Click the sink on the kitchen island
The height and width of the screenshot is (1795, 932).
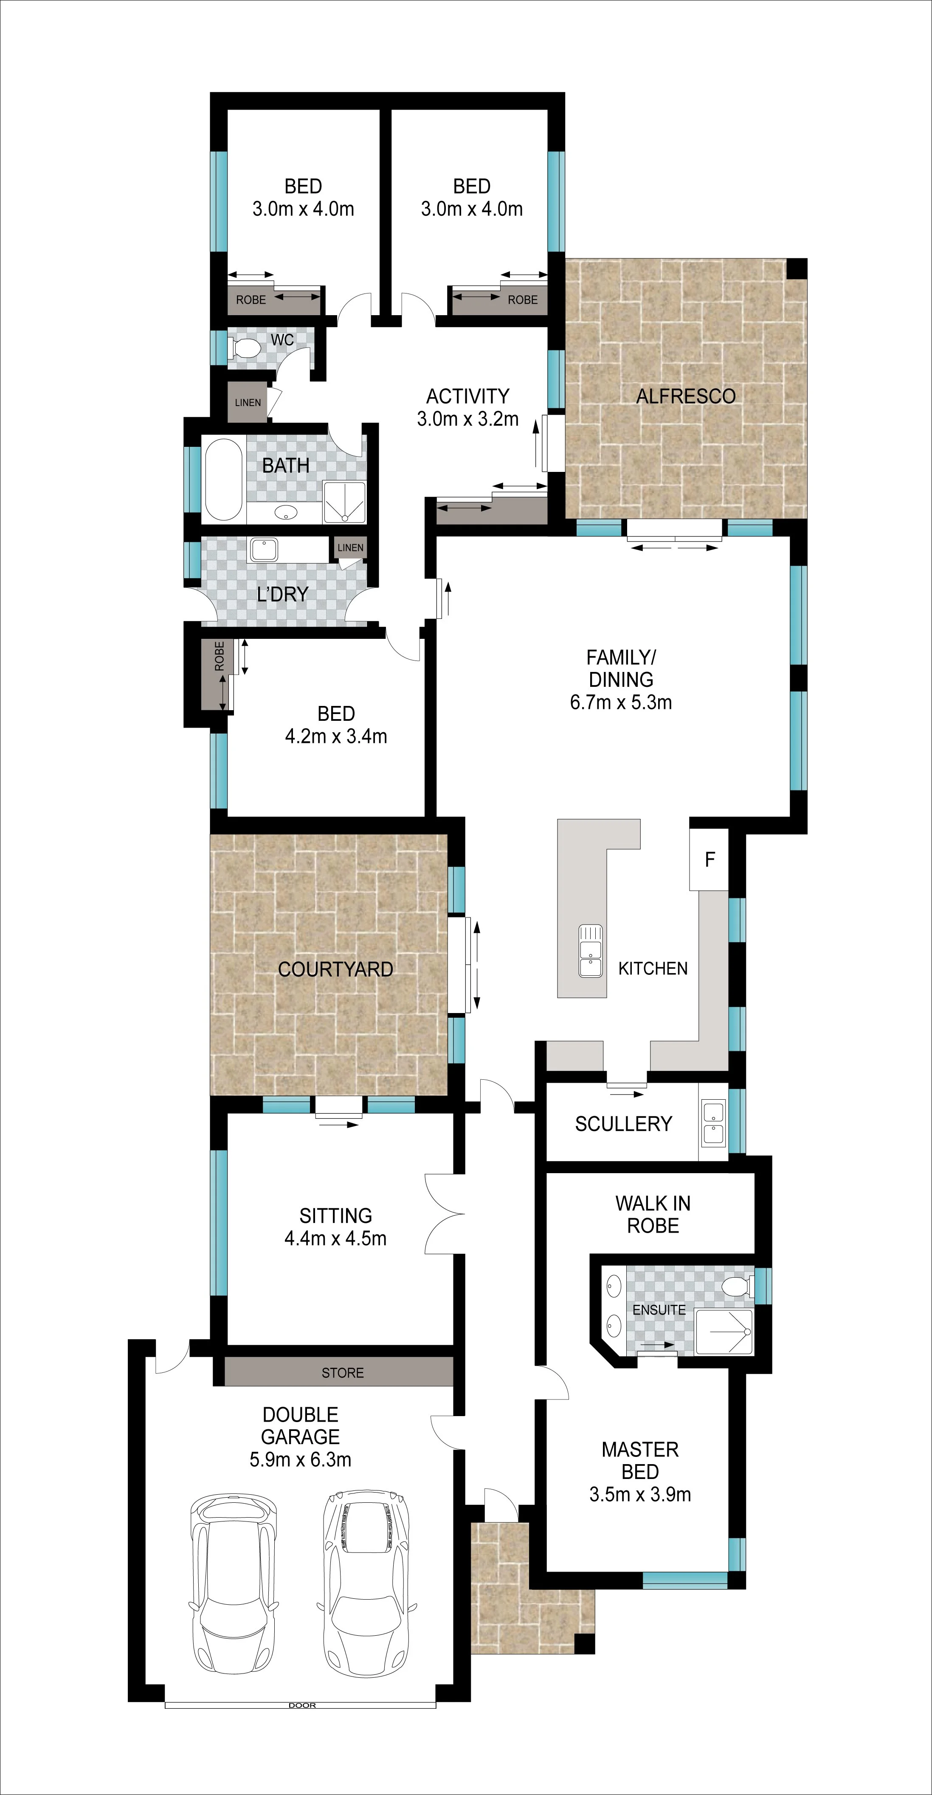tap(590, 951)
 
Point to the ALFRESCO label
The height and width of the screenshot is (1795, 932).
tap(685, 396)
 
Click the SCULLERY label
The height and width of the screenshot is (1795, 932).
tap(623, 1123)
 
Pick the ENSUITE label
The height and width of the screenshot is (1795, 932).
tap(659, 1310)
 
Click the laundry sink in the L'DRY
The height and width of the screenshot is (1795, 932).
tap(263, 550)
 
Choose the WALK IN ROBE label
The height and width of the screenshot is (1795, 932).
tap(653, 1214)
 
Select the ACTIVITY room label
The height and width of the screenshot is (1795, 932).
tap(467, 396)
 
